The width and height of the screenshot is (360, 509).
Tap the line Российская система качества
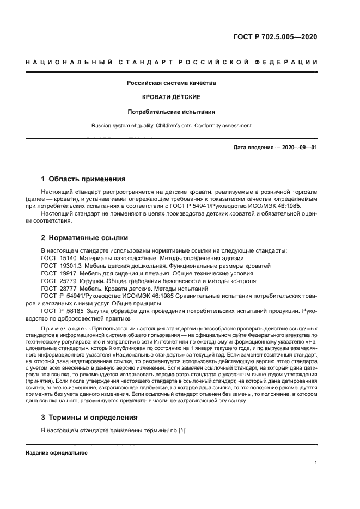[x=172, y=83]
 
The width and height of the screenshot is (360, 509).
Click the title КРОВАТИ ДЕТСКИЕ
[x=172, y=97]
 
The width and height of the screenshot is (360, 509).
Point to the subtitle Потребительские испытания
[x=172, y=112]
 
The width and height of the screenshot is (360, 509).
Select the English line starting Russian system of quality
[x=172, y=126]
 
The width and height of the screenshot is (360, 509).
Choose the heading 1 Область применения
[x=84, y=179]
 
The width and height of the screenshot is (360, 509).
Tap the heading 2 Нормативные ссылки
[x=85, y=237]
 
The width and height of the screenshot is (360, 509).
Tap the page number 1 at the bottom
[x=316, y=463]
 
